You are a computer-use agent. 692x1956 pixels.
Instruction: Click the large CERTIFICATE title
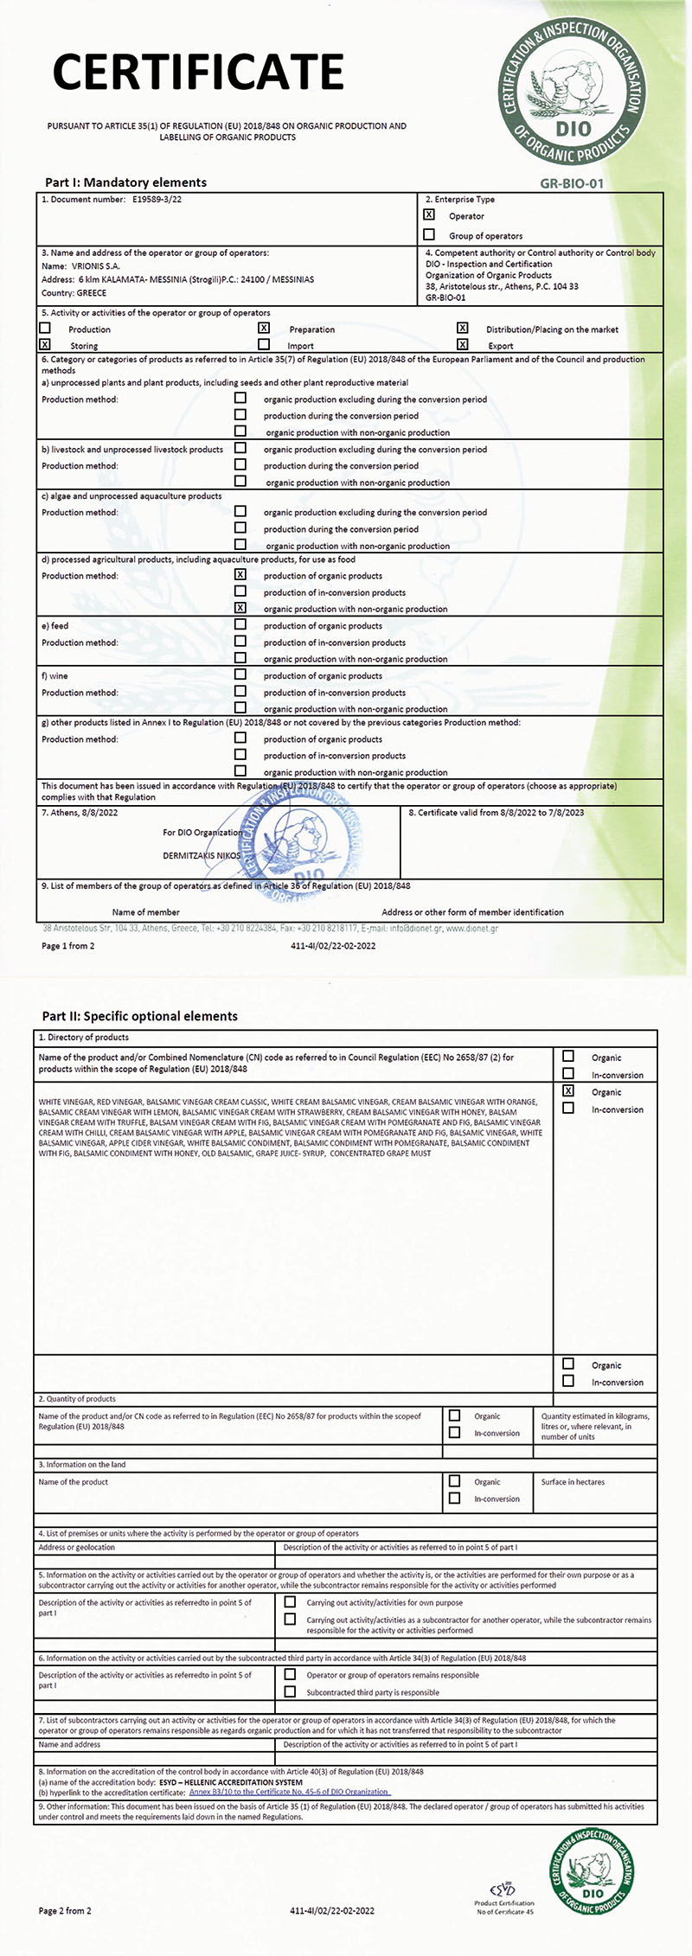(x=199, y=71)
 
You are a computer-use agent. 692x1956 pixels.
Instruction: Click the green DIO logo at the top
(x=573, y=92)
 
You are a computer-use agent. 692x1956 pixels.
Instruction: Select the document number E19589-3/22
(x=157, y=200)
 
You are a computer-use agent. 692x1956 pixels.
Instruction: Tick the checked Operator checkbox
(x=429, y=215)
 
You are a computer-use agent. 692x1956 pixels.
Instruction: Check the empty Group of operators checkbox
(x=429, y=235)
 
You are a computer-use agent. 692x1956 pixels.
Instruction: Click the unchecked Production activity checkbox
(x=45, y=329)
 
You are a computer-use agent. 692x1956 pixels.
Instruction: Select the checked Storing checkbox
(x=45, y=345)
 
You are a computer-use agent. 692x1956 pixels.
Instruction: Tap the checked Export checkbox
(x=463, y=345)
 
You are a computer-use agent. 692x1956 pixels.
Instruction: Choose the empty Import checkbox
(x=264, y=345)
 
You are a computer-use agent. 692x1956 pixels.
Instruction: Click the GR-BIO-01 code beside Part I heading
(x=572, y=183)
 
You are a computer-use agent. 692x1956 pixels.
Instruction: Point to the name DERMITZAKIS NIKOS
(x=202, y=855)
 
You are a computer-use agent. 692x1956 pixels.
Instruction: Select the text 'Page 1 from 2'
(x=68, y=946)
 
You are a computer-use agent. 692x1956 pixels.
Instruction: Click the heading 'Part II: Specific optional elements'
(x=139, y=1016)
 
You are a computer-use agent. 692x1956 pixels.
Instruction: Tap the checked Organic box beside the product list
(x=568, y=1091)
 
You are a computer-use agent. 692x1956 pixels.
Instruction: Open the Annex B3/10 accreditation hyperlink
(x=290, y=1793)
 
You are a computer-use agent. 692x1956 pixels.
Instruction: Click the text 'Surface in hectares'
(x=573, y=1482)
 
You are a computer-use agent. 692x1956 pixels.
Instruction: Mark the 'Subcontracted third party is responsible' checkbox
(x=290, y=1691)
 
